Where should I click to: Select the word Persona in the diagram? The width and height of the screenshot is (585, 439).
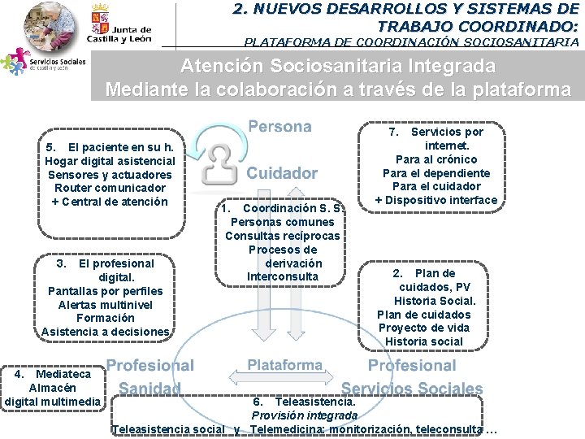[x=279, y=127]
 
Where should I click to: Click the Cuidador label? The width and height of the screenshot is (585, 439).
[x=282, y=173]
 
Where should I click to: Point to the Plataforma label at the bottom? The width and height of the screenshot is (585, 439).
[x=284, y=365]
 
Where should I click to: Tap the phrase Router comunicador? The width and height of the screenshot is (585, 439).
[x=109, y=188]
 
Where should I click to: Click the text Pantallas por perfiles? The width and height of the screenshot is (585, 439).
[x=106, y=290]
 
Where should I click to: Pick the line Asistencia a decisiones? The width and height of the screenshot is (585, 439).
[x=106, y=332]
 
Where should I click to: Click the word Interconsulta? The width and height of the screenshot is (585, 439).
[x=283, y=277]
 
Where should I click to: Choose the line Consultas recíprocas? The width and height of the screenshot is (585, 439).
[x=283, y=236]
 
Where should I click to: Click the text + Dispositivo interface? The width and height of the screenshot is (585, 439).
[x=435, y=201]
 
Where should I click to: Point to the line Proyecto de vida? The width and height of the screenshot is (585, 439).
[x=424, y=328]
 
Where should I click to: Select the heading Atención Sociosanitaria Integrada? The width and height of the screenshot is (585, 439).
[x=337, y=66]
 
